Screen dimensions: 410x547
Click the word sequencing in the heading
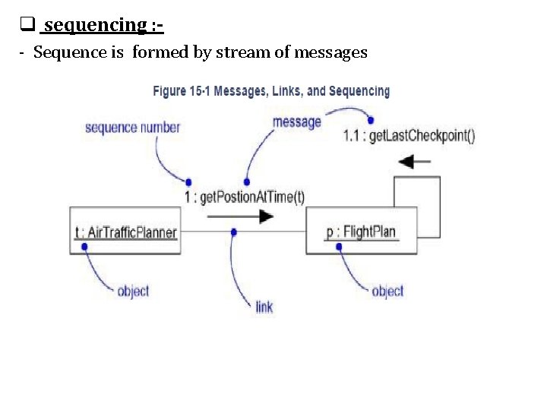click(x=95, y=26)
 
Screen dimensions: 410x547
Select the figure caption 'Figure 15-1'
click(x=182, y=91)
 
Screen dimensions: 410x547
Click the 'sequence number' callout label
click(x=132, y=127)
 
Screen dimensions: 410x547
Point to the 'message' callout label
click(x=296, y=121)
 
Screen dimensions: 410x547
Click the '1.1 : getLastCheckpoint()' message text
click(x=409, y=137)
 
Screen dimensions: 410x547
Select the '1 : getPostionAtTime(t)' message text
click(x=244, y=197)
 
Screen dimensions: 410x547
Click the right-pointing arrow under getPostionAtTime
click(x=240, y=216)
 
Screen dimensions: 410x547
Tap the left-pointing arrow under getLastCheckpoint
click(x=415, y=162)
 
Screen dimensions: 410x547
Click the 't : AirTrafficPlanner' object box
click(x=125, y=231)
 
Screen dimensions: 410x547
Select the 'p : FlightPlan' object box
click(x=362, y=231)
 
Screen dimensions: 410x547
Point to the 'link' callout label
click(x=264, y=307)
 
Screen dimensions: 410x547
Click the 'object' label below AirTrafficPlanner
click(x=133, y=291)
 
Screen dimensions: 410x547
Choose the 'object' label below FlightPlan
click(x=387, y=291)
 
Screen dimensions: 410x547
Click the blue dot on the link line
click(x=234, y=231)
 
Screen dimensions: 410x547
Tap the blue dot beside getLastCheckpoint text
click(x=371, y=119)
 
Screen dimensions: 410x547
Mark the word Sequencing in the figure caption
click(x=356, y=91)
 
